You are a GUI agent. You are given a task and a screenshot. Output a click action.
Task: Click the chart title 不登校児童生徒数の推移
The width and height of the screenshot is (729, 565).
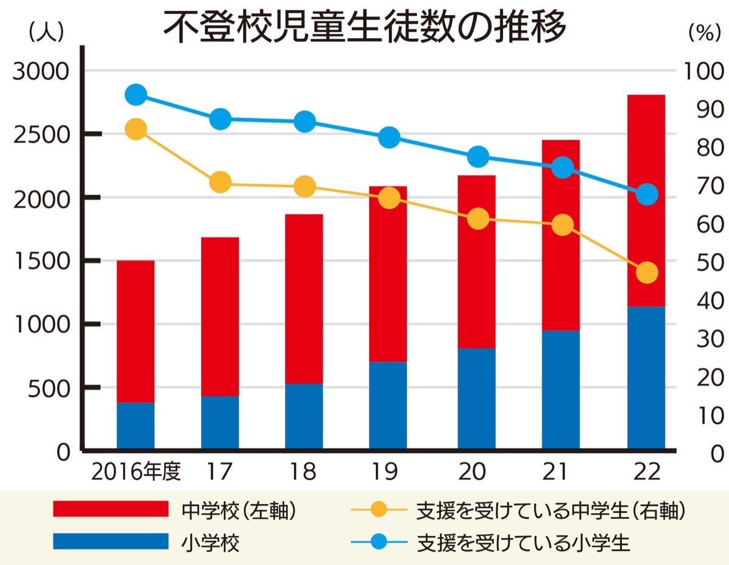364,28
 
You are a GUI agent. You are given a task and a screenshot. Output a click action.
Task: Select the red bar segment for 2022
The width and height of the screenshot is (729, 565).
646,200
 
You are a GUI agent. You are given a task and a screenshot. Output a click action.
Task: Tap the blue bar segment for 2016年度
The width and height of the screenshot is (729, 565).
135,425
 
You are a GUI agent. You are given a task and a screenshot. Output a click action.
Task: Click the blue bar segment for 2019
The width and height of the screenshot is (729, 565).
388,405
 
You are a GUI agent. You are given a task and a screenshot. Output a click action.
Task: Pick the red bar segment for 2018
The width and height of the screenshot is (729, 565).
304,298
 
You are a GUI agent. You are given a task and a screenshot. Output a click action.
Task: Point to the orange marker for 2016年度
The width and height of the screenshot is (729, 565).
135,129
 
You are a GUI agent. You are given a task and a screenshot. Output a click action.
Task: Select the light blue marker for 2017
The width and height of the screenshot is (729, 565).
220,119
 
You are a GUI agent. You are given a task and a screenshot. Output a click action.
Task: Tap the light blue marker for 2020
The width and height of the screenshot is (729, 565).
478,157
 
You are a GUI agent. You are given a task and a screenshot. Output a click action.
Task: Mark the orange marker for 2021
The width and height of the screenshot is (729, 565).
563,225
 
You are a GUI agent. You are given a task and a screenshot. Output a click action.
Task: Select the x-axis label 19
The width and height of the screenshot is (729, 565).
388,471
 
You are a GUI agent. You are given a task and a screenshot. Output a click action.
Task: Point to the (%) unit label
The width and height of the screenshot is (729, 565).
704,34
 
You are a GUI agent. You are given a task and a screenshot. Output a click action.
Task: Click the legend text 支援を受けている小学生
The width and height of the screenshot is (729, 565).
523,542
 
